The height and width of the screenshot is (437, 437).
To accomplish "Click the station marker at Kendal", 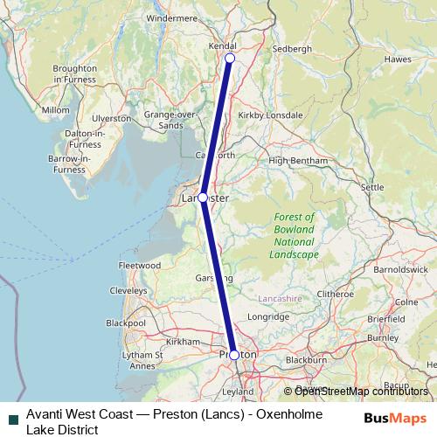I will [230, 59].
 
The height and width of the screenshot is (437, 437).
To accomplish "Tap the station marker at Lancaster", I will [203, 198].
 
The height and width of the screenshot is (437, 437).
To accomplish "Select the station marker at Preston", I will [234, 355].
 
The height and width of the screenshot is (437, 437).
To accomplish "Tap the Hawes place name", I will [398, 59].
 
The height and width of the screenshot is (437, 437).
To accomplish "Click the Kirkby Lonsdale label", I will [274, 114].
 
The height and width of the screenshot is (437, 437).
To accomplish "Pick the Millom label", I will [55, 110].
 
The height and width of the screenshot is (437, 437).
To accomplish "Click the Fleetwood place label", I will [140, 265].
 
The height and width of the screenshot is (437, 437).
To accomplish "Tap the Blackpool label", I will [124, 323].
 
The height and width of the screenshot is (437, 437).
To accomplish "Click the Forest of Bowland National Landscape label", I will [294, 235].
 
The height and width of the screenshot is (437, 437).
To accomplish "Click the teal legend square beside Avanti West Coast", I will [12, 419].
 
